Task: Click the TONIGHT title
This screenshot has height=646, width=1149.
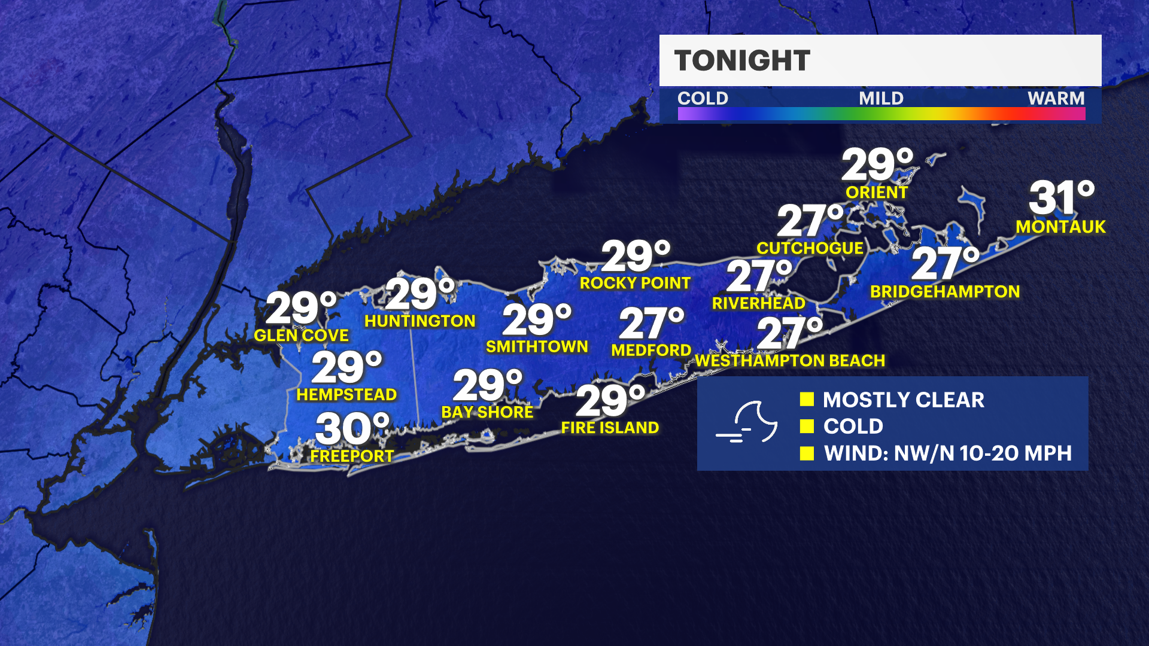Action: pos(742,60)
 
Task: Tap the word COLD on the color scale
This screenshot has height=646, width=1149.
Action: pos(703,98)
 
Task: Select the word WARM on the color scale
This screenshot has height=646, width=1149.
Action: pos(1056,98)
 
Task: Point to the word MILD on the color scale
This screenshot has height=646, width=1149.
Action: pos(881,98)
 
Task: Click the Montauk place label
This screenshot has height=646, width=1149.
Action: pos(1060,227)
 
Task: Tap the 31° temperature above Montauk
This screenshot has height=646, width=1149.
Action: pos(1061,198)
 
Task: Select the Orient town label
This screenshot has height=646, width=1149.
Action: pos(877,193)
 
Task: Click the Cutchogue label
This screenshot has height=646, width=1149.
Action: pos(810,248)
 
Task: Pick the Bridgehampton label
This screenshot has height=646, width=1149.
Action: pos(945,291)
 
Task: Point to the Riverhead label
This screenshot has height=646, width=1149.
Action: pos(758,303)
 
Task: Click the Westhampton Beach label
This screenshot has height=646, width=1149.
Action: pos(790,361)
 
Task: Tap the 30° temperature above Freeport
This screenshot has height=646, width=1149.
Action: pos(352,428)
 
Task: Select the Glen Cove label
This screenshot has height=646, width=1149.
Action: pos(301,335)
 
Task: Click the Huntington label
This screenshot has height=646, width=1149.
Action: pos(420,321)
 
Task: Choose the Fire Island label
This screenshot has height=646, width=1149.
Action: pos(610,428)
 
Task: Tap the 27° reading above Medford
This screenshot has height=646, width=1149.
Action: pos(651,323)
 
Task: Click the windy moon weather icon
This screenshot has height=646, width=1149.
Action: pos(747,422)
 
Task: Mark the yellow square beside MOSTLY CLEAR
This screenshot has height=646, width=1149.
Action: pos(807,399)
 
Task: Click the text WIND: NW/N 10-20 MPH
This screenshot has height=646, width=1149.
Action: pos(947,453)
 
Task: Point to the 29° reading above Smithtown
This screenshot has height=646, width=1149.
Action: pos(537,319)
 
